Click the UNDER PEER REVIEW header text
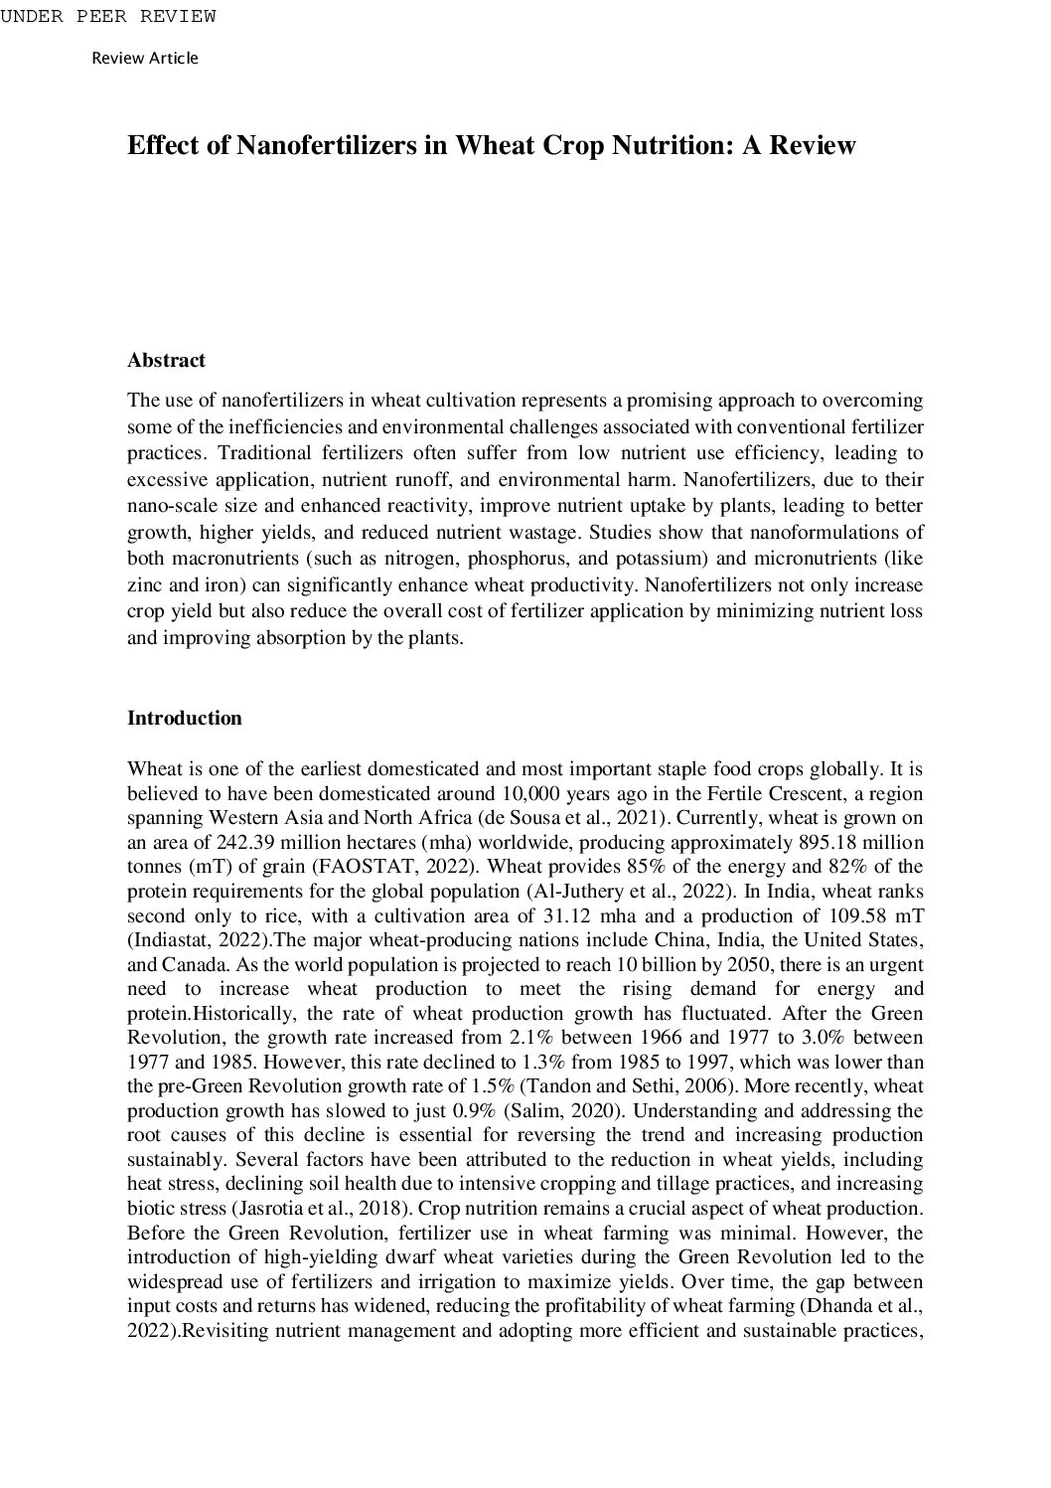[108, 16]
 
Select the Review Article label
[145, 58]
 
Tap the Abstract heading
[166, 360]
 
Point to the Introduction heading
[184, 718]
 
